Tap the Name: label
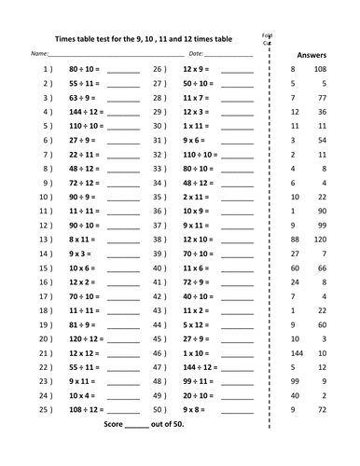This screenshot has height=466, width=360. coord(39,55)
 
